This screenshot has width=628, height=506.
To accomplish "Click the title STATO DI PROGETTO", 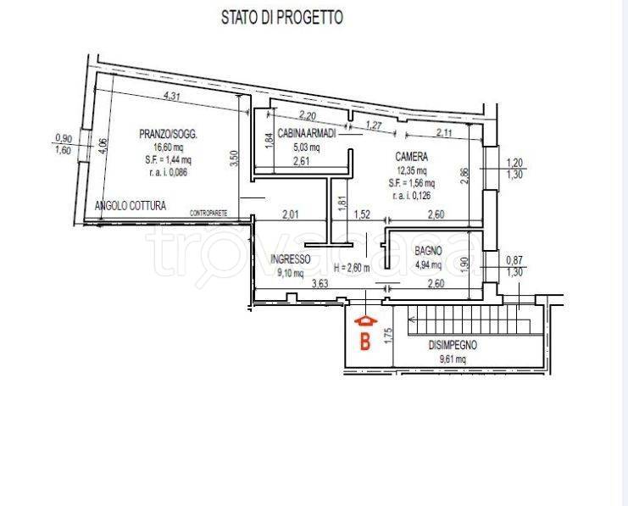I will [281, 17].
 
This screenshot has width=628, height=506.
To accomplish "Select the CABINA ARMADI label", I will [308, 133].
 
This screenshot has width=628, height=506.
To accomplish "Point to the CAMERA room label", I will [411, 157].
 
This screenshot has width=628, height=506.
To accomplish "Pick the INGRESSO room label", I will [291, 259].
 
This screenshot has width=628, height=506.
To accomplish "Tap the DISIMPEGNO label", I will [453, 345].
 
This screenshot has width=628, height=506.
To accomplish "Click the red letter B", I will [365, 342].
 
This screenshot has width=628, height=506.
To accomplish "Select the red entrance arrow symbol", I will [365, 322].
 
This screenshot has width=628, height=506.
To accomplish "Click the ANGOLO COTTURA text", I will [131, 205].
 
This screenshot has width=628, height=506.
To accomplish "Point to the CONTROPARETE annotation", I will [209, 211].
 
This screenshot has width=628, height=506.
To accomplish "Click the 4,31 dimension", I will [171, 96].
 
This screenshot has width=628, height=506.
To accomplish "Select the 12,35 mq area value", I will [412, 170].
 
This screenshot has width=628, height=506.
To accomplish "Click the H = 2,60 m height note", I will [358, 269].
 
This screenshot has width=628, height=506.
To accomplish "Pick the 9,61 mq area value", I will [453, 359].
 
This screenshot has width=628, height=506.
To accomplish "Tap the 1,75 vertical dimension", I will [388, 336].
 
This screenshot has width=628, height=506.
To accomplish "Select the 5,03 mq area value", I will [307, 147].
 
